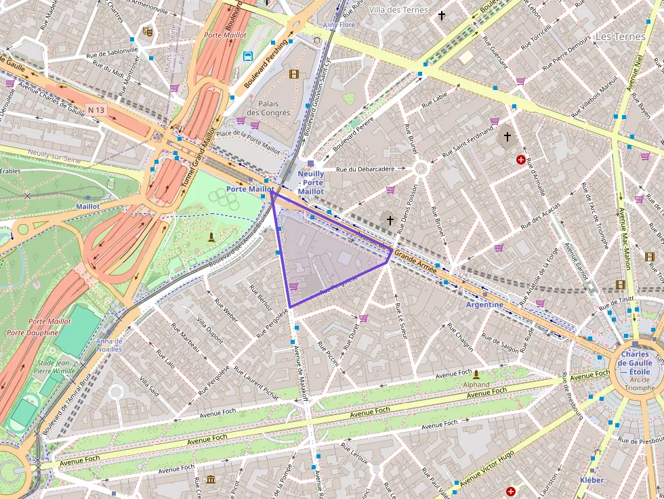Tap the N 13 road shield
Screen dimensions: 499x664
[x=96, y=109]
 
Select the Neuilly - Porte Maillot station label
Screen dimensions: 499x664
[x=311, y=183]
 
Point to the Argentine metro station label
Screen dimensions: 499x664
[x=484, y=305]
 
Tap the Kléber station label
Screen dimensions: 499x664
[x=592, y=479]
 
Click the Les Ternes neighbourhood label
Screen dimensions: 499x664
[x=620, y=37]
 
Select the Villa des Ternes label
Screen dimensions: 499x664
[x=398, y=9]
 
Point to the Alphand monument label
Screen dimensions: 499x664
[x=476, y=384]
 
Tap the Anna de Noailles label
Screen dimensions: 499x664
[x=109, y=345]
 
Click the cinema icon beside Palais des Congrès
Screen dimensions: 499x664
[x=293, y=74]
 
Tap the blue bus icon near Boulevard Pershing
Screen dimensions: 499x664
[x=248, y=57]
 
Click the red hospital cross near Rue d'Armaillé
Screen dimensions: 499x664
[x=520, y=160]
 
